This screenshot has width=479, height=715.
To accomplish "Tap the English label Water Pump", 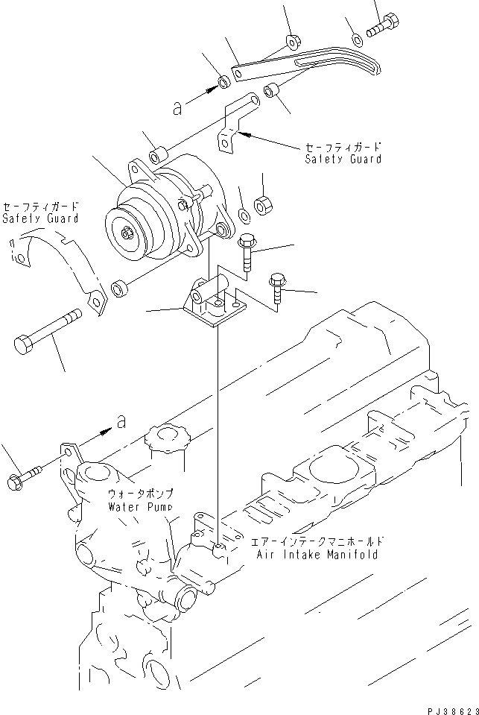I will [141, 506].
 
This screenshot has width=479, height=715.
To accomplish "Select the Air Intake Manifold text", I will [317, 555].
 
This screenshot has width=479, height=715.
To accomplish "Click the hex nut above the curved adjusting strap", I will [293, 39].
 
